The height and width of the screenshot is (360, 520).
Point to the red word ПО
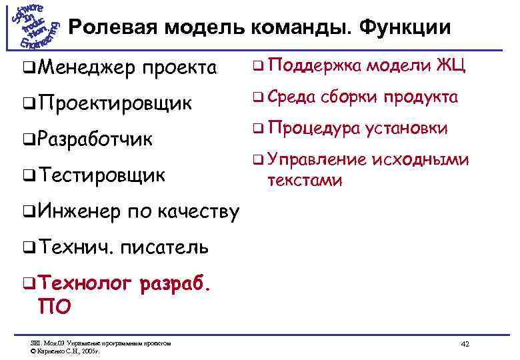click(57, 307)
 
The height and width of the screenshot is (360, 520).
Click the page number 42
click(465, 344)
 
